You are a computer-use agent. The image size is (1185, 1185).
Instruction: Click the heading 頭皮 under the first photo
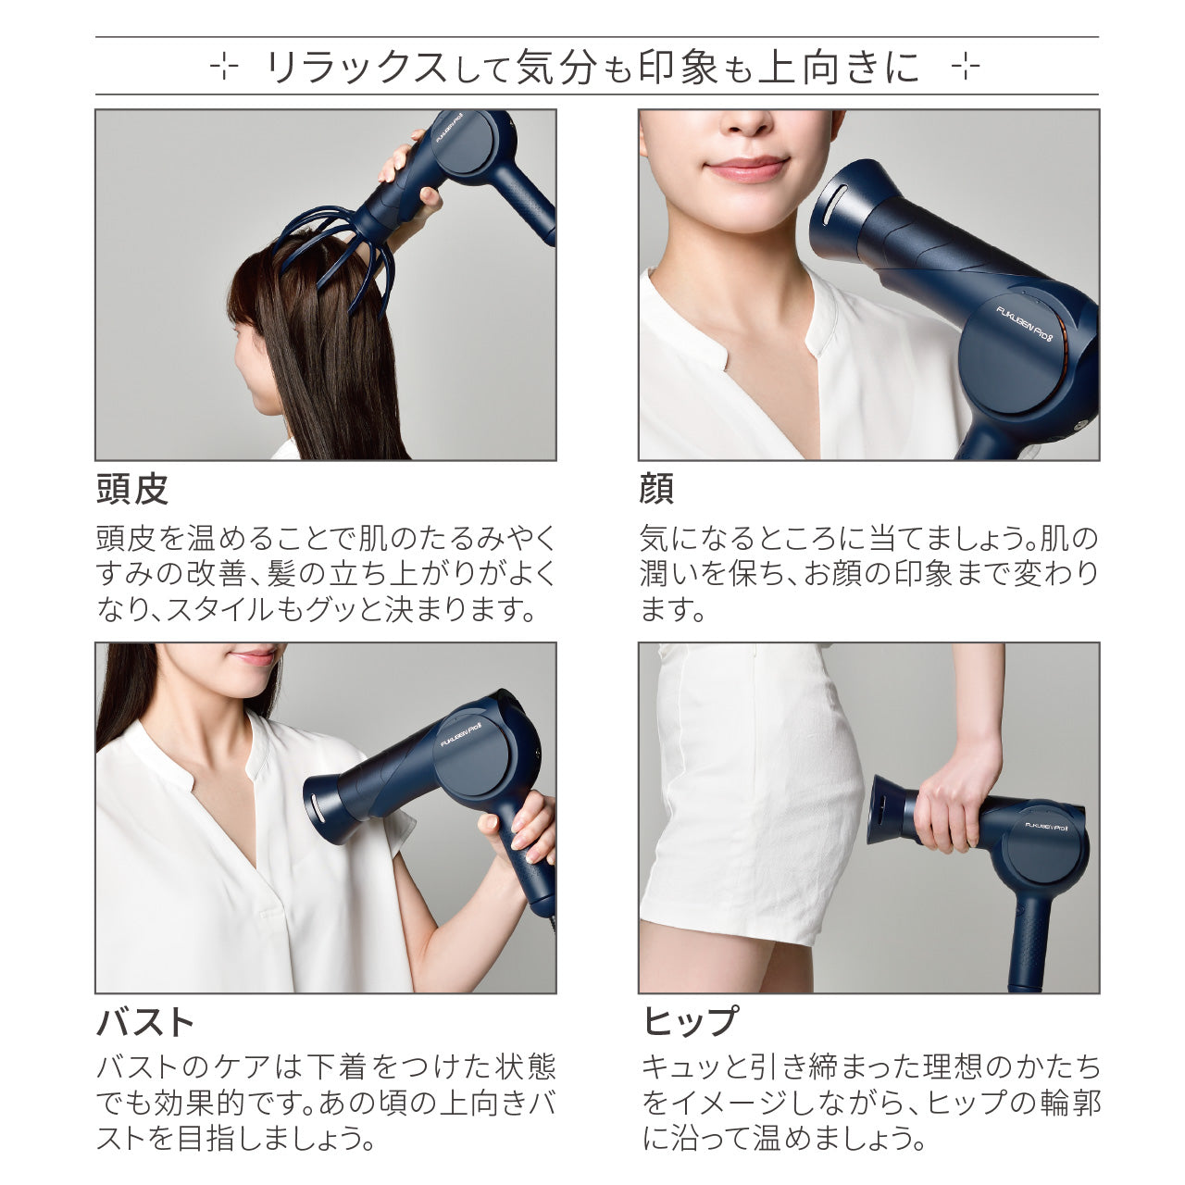coord(132,490)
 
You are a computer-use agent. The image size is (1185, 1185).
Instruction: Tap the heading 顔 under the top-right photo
coord(656,490)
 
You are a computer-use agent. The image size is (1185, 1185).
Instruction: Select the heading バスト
coord(146,1023)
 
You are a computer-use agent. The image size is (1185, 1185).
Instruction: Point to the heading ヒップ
coord(691,1023)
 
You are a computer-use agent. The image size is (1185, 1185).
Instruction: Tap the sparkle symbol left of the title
coord(223,68)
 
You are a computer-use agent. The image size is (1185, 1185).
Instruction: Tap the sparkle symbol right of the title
coord(965,68)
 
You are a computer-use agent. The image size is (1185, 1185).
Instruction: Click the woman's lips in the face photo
coord(746,168)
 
